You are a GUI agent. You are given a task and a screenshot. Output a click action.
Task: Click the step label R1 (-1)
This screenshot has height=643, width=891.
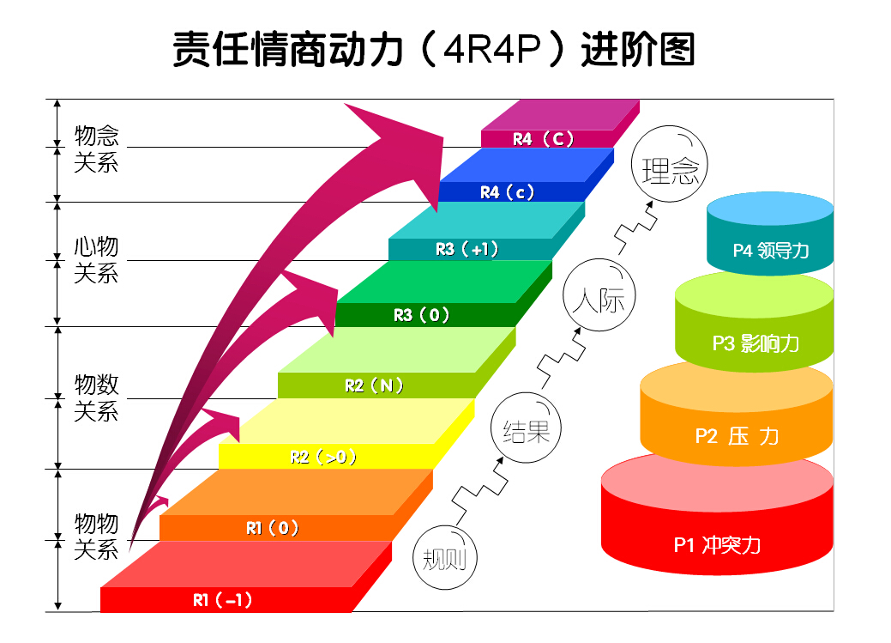click(222, 600)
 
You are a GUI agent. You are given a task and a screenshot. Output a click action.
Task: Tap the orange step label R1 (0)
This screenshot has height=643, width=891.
click(272, 528)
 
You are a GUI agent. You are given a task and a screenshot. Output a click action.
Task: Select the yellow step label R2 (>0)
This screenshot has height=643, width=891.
click(323, 457)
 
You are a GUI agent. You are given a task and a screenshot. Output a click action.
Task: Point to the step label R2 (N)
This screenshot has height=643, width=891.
click(374, 385)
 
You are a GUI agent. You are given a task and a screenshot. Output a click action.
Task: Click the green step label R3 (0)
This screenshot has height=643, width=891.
click(421, 315)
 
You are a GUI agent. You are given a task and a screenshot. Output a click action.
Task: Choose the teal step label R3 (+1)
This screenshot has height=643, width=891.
click(467, 249)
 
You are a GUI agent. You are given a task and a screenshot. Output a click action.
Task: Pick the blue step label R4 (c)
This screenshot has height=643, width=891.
click(507, 192)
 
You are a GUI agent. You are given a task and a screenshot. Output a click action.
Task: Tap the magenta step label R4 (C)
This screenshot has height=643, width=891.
click(543, 139)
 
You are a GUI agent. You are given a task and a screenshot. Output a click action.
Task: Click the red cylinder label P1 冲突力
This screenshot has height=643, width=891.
click(717, 544)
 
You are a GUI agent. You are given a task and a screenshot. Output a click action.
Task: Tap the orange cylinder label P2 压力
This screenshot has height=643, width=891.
click(737, 436)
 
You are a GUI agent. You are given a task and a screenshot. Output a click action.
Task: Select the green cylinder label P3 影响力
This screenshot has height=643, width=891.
click(755, 343)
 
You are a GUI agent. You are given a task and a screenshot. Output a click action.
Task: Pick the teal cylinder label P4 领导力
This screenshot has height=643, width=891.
click(770, 251)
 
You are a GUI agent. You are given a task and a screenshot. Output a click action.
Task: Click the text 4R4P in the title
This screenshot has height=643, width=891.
click(493, 50)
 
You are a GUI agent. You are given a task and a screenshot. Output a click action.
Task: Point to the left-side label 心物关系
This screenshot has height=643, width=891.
click(96, 260)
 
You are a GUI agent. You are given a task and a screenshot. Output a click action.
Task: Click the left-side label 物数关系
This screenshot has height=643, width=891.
click(96, 397)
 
